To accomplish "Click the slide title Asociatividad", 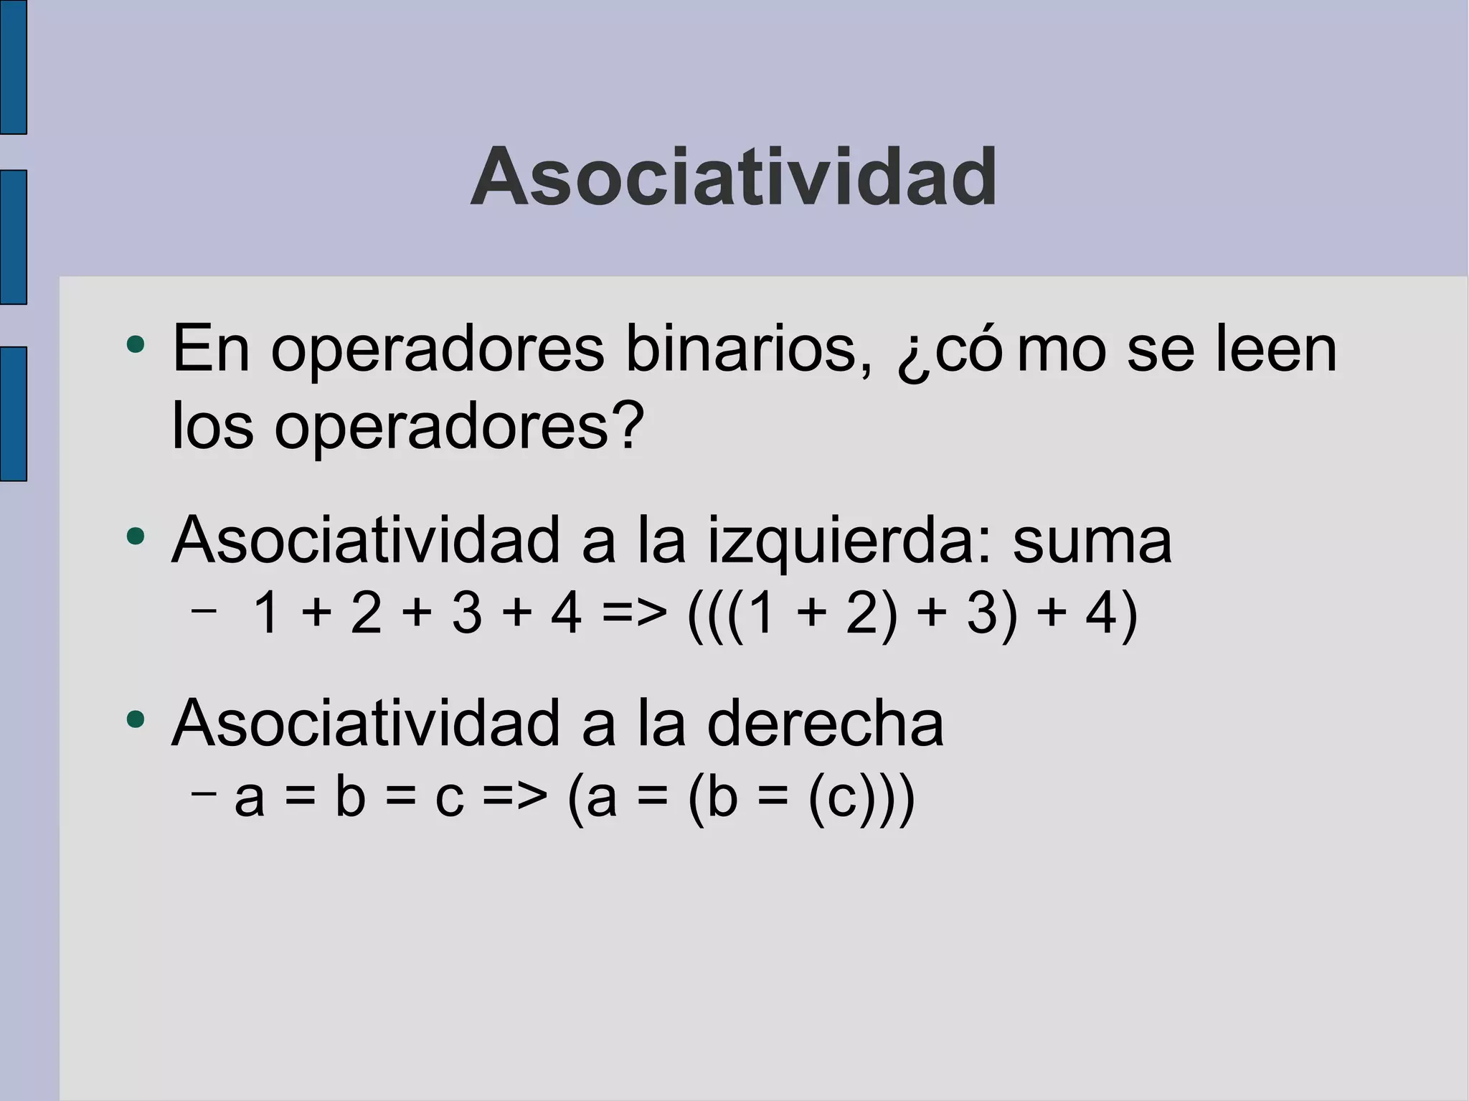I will [x=733, y=177].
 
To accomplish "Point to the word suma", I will [x=1092, y=542].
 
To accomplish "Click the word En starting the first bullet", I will [x=211, y=349].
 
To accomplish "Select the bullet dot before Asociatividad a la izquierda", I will [x=135, y=536].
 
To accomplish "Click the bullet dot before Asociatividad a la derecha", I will [x=135, y=719].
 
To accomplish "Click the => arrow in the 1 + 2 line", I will [x=634, y=614].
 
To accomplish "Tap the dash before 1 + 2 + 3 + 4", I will [x=204, y=610].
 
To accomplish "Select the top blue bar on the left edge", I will [x=13, y=67].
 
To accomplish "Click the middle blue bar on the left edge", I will [x=13, y=237].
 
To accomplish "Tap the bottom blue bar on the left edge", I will [x=13, y=414].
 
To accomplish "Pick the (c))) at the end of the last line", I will [x=861, y=798].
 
